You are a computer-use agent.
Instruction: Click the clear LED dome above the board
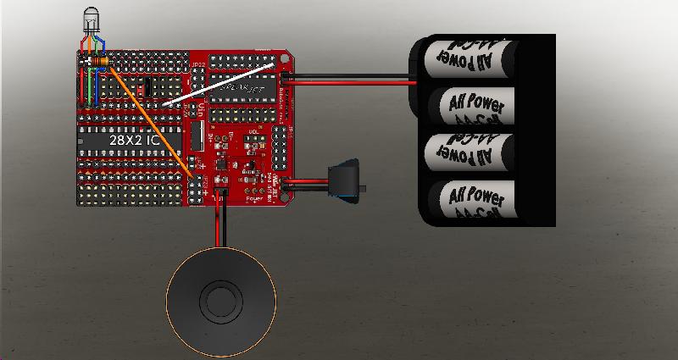pos(91,19)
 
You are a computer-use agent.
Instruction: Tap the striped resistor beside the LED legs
pos(99,62)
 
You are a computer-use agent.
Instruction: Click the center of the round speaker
pos(221,300)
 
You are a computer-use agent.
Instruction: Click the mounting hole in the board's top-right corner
pos(283,57)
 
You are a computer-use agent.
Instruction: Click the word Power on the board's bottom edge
pos(252,201)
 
